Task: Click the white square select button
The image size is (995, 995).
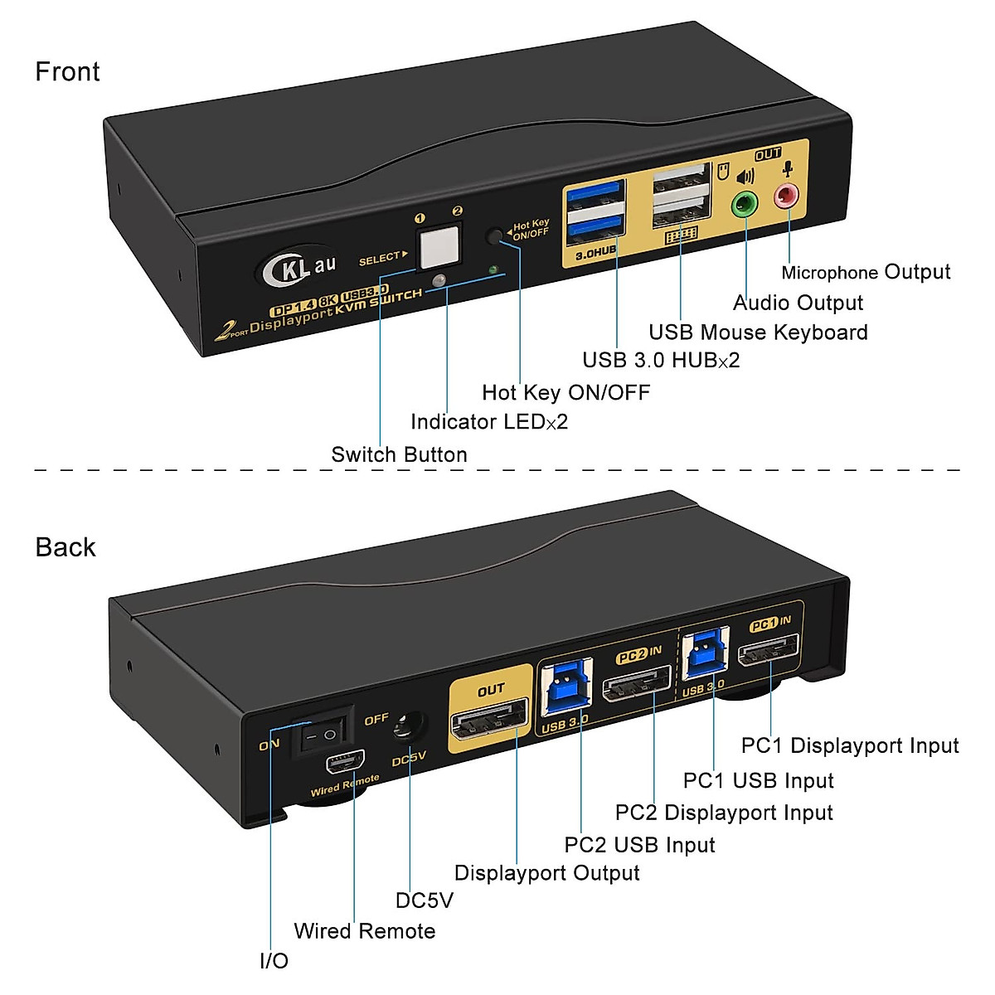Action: tap(439, 246)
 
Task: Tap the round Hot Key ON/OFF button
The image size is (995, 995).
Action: tap(495, 236)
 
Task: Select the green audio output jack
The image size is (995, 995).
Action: tap(745, 204)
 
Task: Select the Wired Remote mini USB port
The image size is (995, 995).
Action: tap(345, 763)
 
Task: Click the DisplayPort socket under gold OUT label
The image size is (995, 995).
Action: tap(489, 719)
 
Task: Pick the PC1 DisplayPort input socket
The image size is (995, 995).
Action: tap(769, 650)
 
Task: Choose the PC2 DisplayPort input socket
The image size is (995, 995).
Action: tap(637, 682)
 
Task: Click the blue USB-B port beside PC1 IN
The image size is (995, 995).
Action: tap(706, 653)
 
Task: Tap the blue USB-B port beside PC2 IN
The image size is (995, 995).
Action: tap(565, 687)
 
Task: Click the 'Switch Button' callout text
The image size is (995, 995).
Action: tap(399, 455)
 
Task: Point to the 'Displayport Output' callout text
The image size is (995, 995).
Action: tap(546, 872)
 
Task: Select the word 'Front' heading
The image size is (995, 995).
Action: tap(67, 71)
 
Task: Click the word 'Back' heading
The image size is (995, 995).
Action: tap(66, 546)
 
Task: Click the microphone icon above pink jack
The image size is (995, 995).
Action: tap(788, 169)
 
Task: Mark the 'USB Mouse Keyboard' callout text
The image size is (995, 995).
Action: tap(758, 332)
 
